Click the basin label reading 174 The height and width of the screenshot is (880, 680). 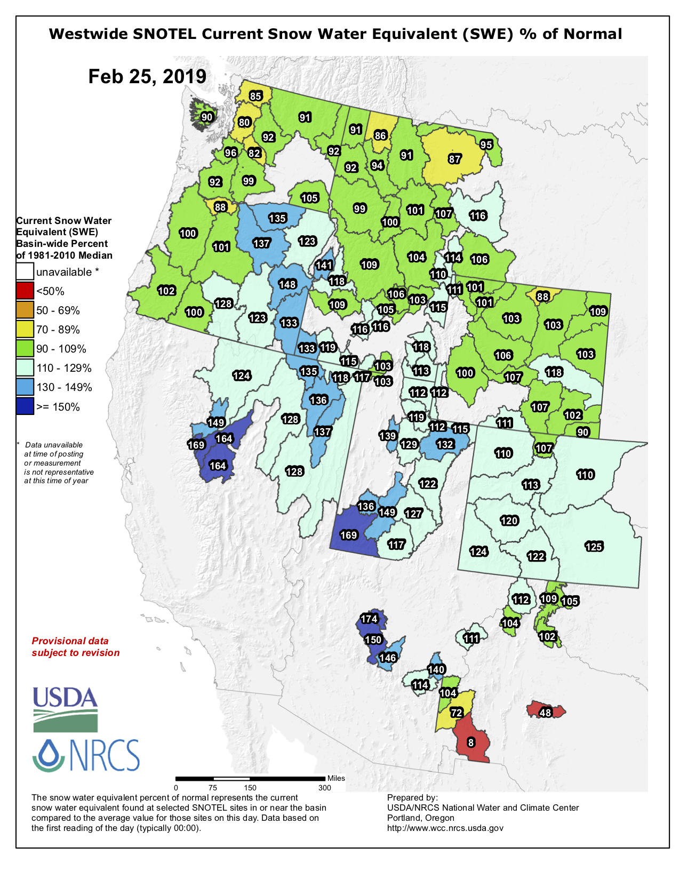369,619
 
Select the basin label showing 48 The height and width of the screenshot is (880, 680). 545,713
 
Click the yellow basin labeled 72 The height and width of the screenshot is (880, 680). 457,713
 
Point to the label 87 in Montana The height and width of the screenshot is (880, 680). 454,159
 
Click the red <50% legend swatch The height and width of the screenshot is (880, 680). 25,291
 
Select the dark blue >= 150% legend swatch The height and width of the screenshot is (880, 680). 25,407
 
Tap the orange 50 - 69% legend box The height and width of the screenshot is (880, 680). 25,310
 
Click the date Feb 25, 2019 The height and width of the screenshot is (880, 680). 147,76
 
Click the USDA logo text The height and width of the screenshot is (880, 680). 65,697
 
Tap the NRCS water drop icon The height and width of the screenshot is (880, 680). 49,755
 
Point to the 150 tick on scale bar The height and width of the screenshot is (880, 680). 250,788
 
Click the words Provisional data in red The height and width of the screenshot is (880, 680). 70,641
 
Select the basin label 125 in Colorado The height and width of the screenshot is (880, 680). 594,546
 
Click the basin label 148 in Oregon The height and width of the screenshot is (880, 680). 287,284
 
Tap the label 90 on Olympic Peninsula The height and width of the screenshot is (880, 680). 207,117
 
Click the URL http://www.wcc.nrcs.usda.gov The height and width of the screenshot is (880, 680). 445,828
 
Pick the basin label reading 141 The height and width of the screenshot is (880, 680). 324,265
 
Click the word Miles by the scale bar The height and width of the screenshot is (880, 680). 336,778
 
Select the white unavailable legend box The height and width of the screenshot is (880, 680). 25,272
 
